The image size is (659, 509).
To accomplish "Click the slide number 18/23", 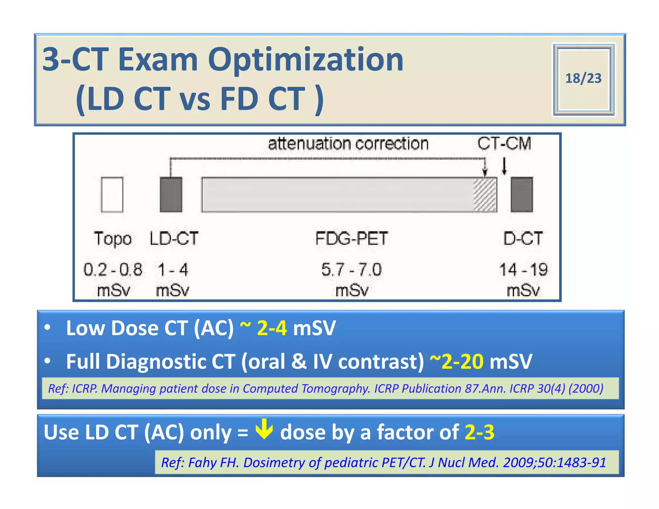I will tap(583, 79).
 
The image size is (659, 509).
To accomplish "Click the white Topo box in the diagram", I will tap(112, 195).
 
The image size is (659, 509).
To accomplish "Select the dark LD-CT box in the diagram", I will tap(171, 195).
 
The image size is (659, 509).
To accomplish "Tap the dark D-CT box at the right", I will tap(522, 195).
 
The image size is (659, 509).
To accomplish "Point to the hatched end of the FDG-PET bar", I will tap(485, 195).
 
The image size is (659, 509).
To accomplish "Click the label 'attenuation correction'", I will tap(348, 143).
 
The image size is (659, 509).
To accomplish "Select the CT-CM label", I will tap(504, 143).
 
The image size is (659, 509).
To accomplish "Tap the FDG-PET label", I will tap(351, 239).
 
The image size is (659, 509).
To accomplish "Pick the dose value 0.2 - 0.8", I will tap(113, 269).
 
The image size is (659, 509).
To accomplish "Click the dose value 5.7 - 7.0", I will tap(351, 269).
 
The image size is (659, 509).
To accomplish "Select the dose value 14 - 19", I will tap(523, 269).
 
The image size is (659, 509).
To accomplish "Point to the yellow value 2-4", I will tap(272, 328).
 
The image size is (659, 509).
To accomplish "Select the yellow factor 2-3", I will tap(479, 432).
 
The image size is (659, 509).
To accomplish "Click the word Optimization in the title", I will tap(306, 60).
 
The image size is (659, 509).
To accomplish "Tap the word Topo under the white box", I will tap(113, 239).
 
